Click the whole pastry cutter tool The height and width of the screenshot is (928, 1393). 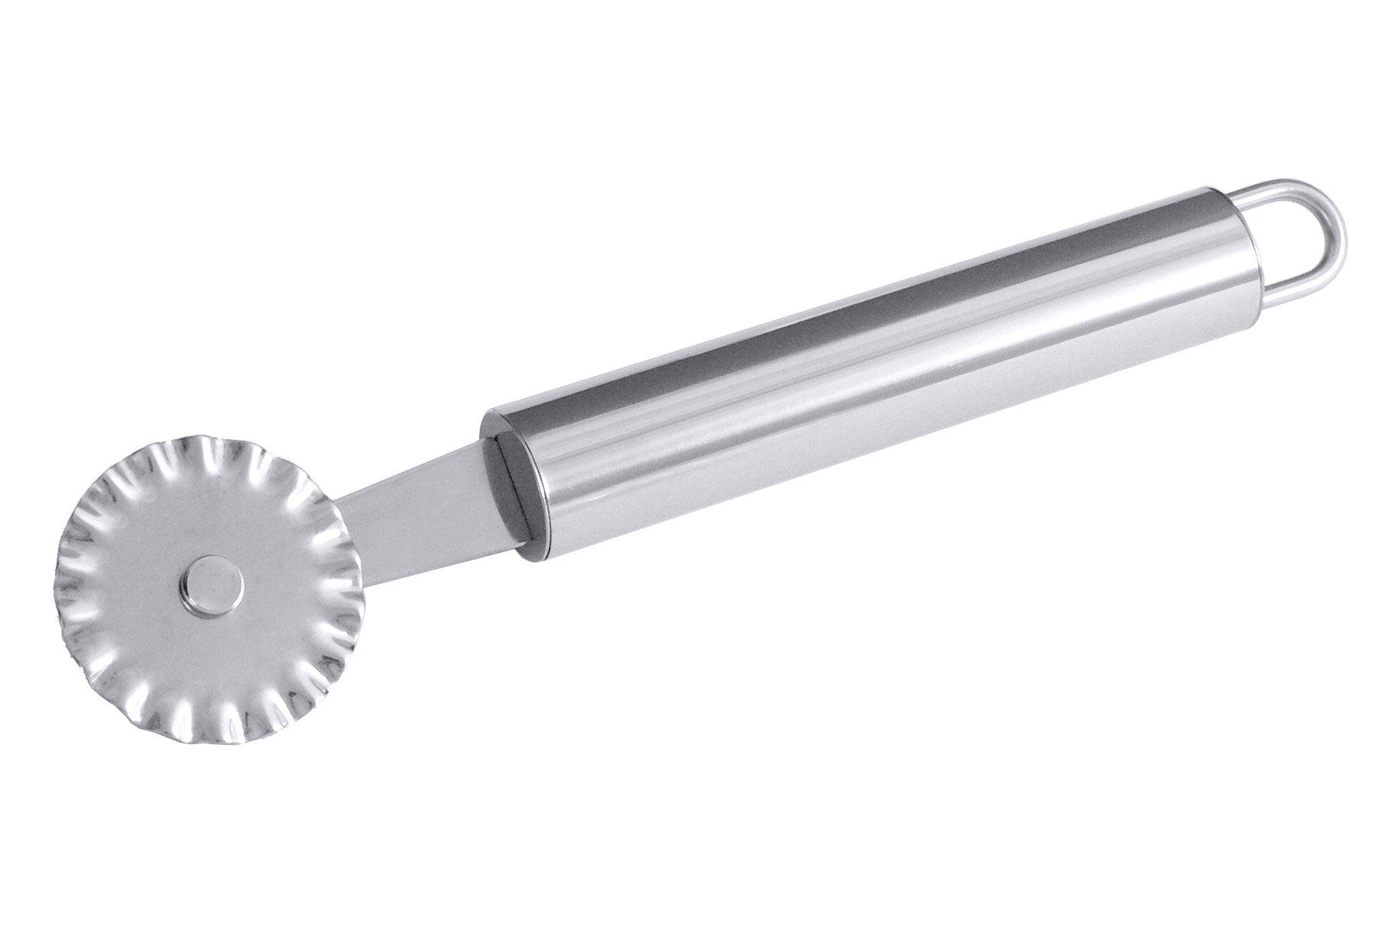687,427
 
